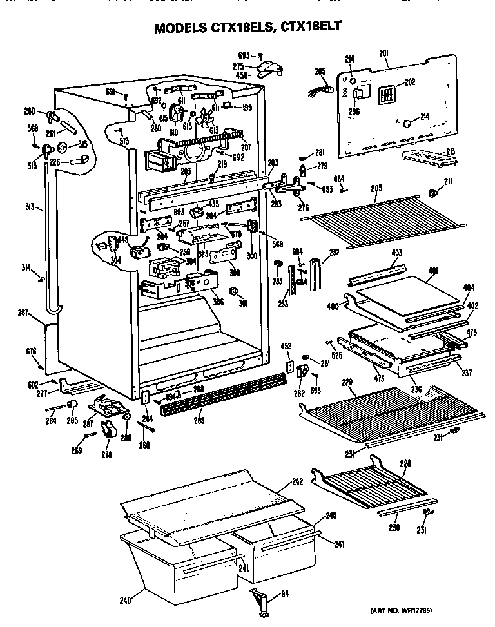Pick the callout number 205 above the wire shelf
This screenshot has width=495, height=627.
(x=376, y=188)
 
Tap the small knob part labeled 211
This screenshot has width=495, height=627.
(x=434, y=193)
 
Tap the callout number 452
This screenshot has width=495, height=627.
(x=287, y=347)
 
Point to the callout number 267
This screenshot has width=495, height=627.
(x=23, y=313)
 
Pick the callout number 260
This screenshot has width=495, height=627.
(x=30, y=111)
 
